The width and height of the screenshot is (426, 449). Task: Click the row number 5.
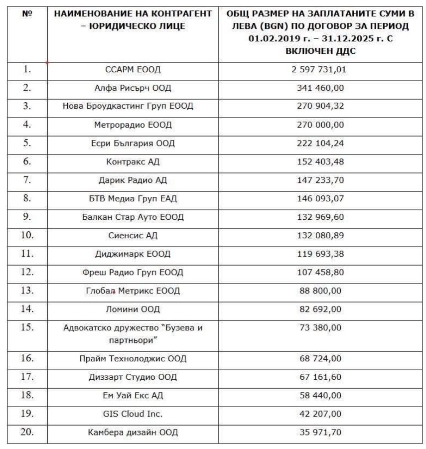(x=27, y=143)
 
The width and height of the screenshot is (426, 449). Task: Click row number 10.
(x=27, y=235)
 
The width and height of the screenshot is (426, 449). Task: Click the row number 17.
(x=27, y=377)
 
